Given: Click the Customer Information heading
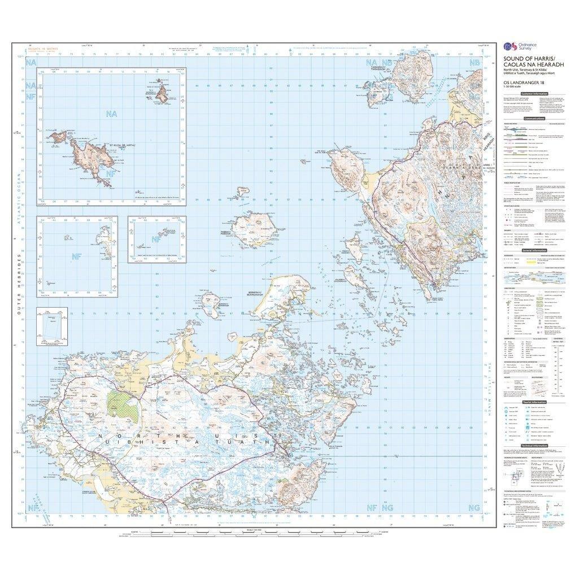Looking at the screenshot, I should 533,93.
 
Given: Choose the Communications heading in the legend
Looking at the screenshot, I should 533,119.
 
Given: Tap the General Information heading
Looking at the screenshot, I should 533,250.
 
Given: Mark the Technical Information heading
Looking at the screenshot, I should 533,446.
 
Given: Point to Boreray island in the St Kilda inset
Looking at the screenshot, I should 162,94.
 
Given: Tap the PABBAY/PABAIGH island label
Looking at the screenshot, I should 230,232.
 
